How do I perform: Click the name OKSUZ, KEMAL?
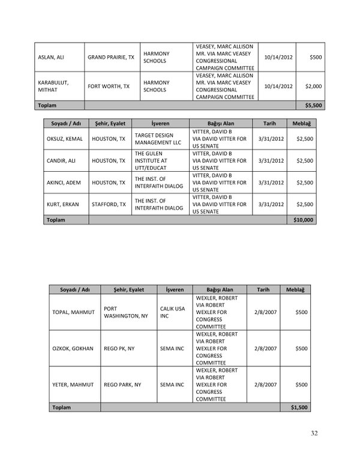[62, 139]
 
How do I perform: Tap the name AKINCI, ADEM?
[62, 183]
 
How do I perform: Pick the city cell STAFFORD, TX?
[108, 204]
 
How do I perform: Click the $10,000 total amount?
[304, 220]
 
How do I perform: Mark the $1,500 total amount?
[298, 407]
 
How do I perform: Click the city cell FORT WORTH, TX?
[109, 86]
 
